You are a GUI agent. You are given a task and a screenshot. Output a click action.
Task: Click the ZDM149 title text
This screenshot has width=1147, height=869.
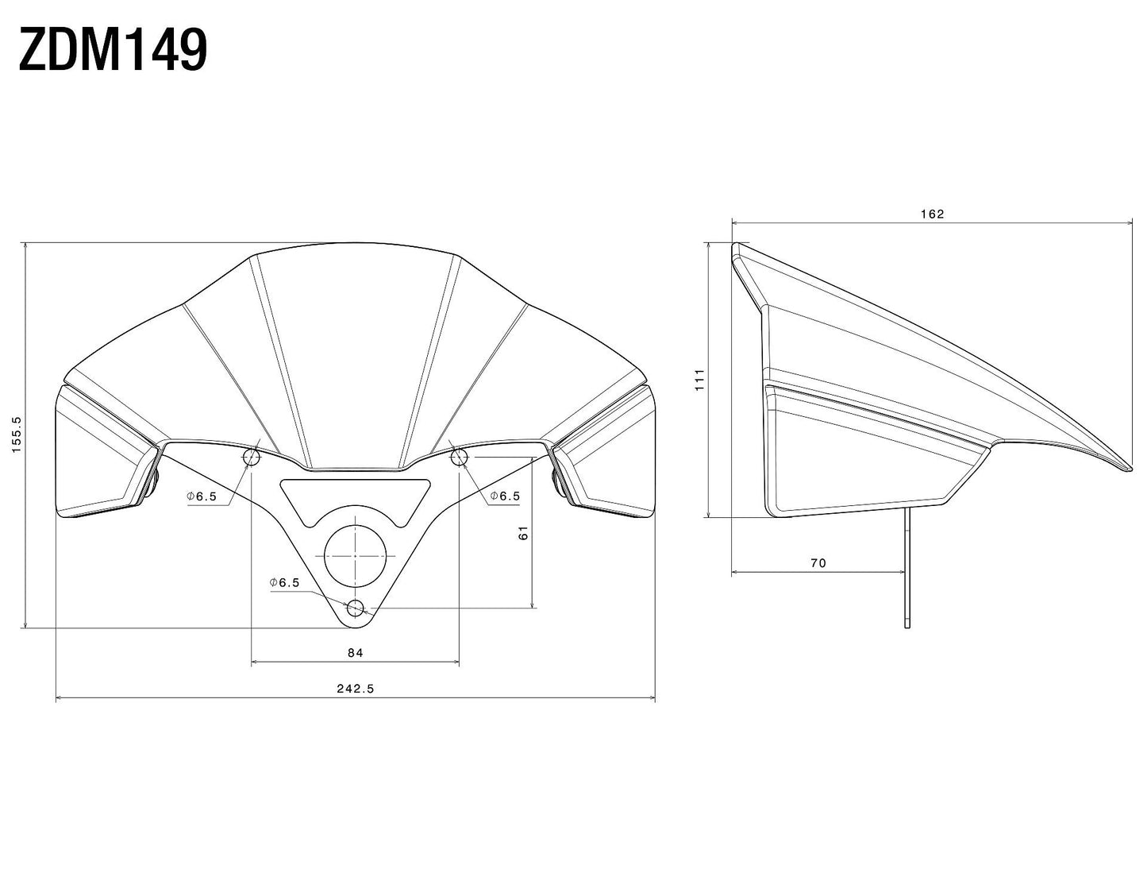pyautogui.click(x=113, y=50)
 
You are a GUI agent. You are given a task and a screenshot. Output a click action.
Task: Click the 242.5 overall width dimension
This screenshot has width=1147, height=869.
pyautogui.click(x=355, y=689)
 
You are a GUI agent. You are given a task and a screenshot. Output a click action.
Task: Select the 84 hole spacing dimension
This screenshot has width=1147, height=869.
pyautogui.click(x=355, y=652)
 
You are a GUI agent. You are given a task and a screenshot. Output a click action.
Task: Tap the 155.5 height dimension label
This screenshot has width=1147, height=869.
pyautogui.click(x=17, y=434)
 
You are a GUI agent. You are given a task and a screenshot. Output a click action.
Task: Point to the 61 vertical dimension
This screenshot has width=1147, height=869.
pyautogui.click(x=523, y=533)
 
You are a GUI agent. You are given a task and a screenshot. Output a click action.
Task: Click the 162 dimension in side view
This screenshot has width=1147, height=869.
pyautogui.click(x=933, y=214)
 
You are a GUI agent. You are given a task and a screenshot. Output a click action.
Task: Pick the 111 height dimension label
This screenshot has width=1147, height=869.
pyautogui.click(x=699, y=380)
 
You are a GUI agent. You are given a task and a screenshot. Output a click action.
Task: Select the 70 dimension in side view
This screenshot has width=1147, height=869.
pyautogui.click(x=818, y=563)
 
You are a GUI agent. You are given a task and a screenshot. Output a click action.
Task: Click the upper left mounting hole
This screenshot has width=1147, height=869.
pyautogui.click(x=252, y=457)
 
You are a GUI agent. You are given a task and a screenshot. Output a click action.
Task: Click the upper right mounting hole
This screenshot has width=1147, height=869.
pyautogui.click(x=459, y=457)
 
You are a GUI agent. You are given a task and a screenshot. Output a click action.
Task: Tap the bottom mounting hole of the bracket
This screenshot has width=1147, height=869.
pyautogui.click(x=355, y=608)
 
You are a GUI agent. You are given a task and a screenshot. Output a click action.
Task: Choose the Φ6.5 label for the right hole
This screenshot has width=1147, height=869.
pyautogui.click(x=505, y=496)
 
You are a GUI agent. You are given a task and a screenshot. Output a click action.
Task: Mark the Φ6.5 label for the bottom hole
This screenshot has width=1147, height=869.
pyautogui.click(x=285, y=582)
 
